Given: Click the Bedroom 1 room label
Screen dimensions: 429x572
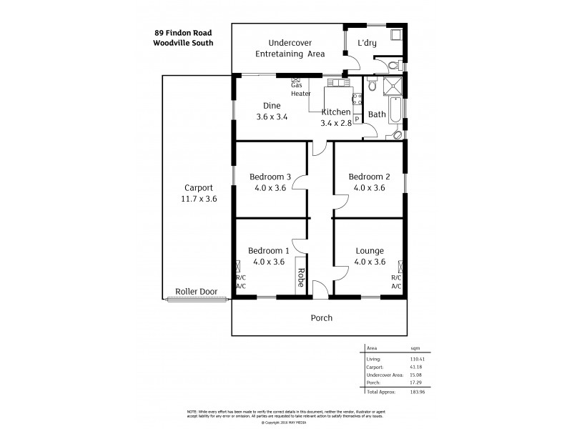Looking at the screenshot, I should coord(268,251).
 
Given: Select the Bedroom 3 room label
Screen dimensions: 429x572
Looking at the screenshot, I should coord(270,177).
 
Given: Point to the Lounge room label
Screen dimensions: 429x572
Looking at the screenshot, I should coord(370,251).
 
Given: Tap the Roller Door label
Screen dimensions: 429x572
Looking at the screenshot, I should coord(194,292).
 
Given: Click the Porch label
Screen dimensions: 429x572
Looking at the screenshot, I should coord(321,318).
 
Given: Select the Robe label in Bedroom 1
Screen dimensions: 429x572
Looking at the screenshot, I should coord(301,276).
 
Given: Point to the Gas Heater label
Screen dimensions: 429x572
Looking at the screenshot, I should coord(300,89).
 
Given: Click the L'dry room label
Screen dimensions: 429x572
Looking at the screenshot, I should coord(367,44).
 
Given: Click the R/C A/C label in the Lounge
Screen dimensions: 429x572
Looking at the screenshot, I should coord(396,282).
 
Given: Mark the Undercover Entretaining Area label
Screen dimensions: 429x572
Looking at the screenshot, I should coord(292,48).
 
